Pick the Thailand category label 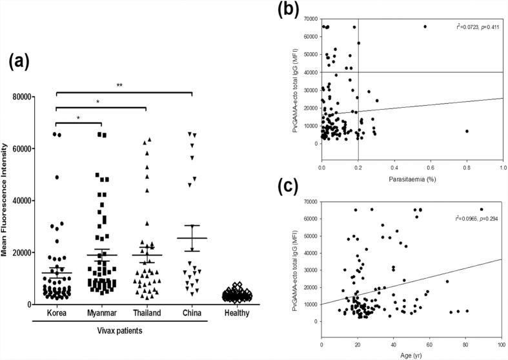pos(147,314)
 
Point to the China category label pos(192,314)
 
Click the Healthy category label pos(236,314)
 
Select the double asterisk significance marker pos(125,85)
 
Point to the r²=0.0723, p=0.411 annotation pos(471,26)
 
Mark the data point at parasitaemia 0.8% pos(467,131)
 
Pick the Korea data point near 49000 pos(57,177)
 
